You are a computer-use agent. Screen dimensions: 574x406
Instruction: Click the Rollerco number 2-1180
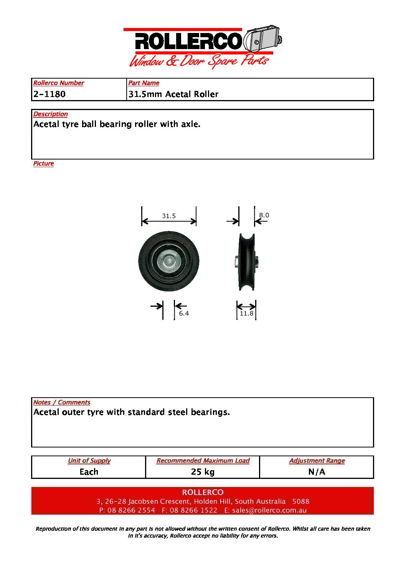50,94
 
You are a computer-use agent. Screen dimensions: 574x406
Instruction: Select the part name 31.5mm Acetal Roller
173,94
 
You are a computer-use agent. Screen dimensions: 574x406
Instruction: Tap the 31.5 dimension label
169,216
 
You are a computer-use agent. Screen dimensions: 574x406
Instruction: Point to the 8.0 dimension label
264,215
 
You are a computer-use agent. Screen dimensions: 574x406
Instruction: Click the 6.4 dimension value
184,313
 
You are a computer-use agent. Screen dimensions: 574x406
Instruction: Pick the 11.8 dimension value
246,313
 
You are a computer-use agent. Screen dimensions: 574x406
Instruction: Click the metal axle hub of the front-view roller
169,261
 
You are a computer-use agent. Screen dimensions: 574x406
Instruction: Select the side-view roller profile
246,262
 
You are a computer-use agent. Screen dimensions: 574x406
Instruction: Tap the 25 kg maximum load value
203,472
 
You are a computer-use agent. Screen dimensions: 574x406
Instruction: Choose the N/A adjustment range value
317,472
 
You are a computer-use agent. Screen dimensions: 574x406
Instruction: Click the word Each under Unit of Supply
89,472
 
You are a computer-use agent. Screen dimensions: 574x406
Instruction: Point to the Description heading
50,114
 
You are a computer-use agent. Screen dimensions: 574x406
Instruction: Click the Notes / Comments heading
62,402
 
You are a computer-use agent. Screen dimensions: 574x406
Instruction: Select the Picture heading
43,163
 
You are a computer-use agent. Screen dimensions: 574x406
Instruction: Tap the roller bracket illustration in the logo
263,39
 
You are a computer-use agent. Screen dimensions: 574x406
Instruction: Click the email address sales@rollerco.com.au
269,510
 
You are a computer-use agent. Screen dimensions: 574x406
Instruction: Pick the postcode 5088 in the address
300,501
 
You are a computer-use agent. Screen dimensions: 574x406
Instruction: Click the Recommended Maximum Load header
203,461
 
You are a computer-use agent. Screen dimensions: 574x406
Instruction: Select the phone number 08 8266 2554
131,510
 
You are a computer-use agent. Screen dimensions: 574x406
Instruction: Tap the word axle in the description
190,124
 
